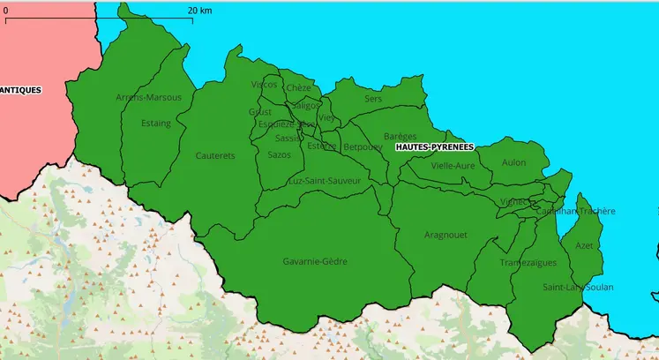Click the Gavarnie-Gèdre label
(x=315, y=262)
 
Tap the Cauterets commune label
(x=215, y=156)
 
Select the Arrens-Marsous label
(x=148, y=97)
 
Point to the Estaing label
(x=156, y=124)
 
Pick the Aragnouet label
(x=446, y=235)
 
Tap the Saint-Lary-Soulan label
(x=578, y=288)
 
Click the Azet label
(x=583, y=245)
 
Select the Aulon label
(x=513, y=162)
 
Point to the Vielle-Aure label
(x=453, y=166)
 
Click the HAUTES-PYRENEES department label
(x=434, y=146)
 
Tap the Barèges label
(x=401, y=137)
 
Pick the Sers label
(x=373, y=99)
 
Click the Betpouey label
(x=363, y=146)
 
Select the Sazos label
(x=279, y=154)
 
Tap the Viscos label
(x=264, y=85)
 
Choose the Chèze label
(x=298, y=88)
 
